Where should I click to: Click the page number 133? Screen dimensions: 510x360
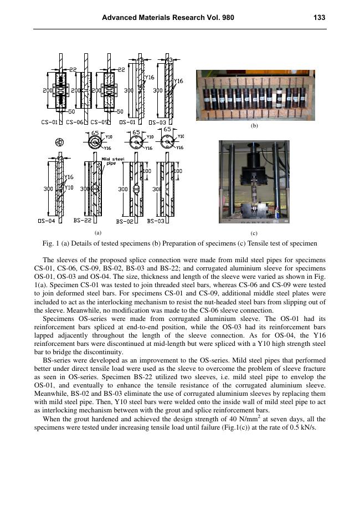tap(319, 18)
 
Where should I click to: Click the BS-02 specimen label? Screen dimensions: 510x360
tap(127, 221)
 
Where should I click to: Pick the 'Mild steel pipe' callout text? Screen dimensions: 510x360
tap(112, 161)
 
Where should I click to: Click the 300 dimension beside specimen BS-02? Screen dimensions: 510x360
tap(123, 188)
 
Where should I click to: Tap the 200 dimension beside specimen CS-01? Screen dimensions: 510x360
tap(48, 90)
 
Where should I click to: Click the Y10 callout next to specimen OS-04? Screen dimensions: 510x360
tap(68, 187)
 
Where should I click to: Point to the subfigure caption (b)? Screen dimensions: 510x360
tap(254, 126)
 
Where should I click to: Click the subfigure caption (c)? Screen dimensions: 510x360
tap(254, 233)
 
